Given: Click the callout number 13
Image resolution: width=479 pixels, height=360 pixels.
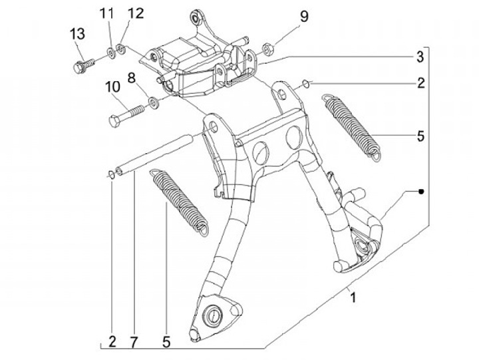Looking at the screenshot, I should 78,34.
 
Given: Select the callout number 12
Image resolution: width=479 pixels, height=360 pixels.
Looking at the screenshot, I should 136,14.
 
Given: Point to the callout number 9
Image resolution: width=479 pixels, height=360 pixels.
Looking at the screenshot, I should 304,16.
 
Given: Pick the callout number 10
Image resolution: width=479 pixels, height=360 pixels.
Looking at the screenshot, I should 111,87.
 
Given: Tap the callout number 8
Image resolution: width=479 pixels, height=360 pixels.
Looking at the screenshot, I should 131,78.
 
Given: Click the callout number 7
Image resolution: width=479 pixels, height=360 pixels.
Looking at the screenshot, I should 134,342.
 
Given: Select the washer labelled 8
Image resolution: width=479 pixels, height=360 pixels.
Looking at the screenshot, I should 154,102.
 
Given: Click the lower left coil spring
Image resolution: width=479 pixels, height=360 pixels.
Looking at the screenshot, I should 181,198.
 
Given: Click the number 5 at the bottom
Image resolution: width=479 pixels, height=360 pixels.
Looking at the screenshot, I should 166,342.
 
